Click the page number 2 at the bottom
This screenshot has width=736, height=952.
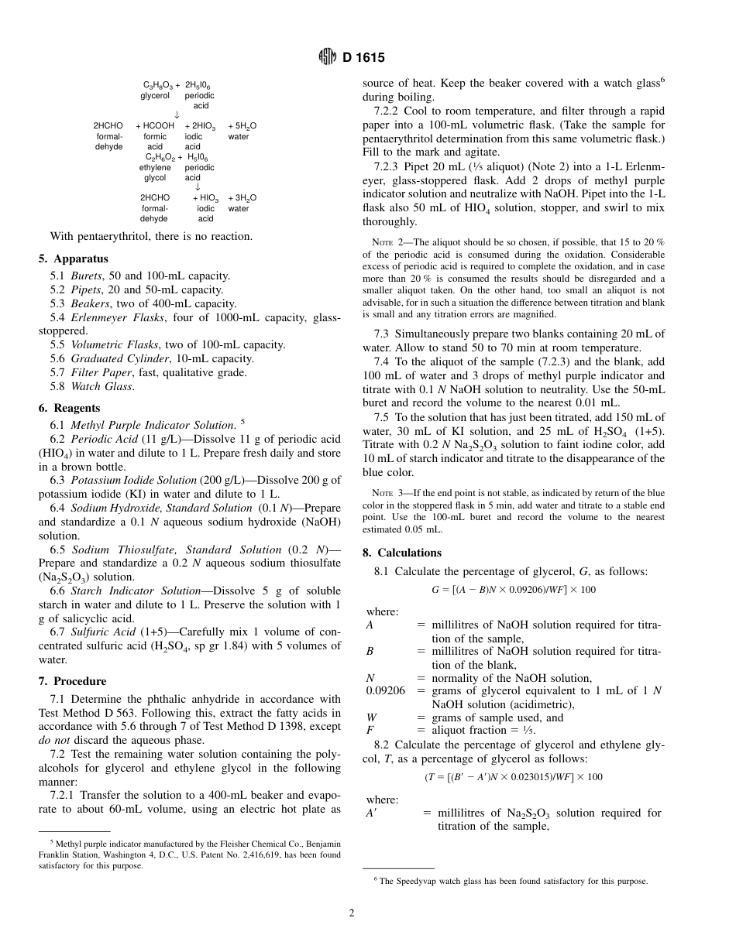(x=351, y=913)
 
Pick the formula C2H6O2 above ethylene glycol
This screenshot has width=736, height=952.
(x=160, y=157)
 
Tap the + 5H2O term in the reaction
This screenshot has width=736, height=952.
(x=242, y=125)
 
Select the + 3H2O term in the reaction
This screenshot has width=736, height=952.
(x=242, y=198)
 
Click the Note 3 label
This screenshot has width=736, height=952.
(x=387, y=492)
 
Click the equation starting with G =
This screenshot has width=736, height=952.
(x=513, y=590)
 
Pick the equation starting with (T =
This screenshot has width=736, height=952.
(x=513, y=777)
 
